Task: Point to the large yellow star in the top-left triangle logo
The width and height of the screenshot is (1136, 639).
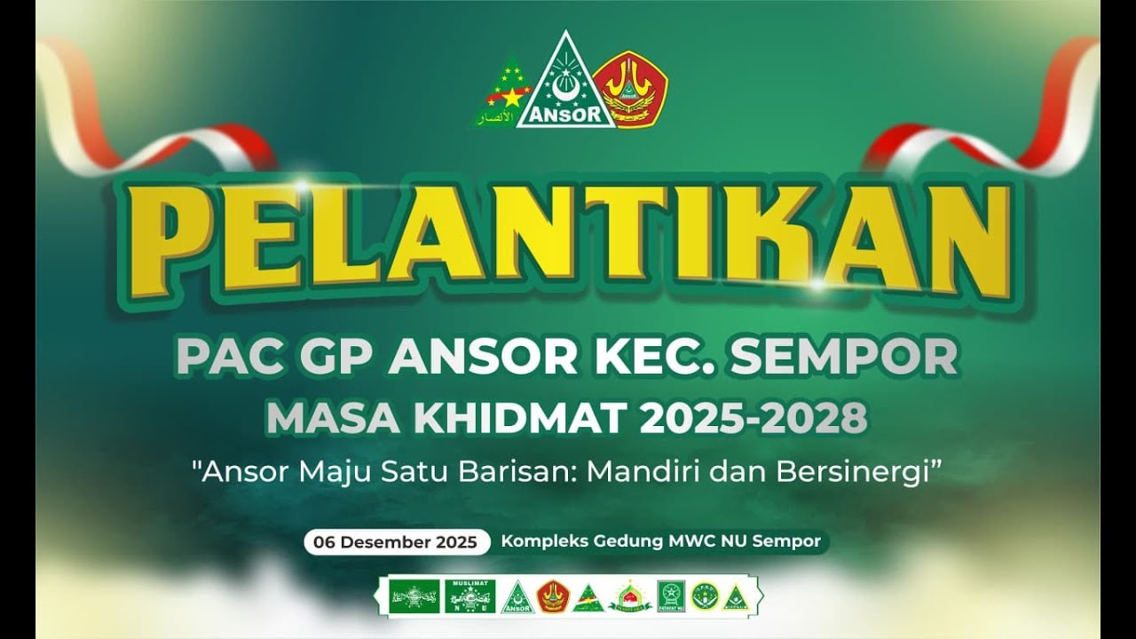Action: [512, 97]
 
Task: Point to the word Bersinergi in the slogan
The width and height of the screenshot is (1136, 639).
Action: [856, 471]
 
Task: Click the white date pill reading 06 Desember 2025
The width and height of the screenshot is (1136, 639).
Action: [396, 541]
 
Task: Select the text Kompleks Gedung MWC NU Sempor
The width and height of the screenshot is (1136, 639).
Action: [661, 540]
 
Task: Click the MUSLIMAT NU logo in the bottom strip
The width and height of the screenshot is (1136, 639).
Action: [469, 596]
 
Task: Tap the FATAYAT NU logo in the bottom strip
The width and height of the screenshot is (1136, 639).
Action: [671, 596]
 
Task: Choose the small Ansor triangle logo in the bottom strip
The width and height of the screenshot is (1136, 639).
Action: [517, 598]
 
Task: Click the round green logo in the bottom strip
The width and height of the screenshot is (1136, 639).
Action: [704, 596]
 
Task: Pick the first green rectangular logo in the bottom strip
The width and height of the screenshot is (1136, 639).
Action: [415, 596]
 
